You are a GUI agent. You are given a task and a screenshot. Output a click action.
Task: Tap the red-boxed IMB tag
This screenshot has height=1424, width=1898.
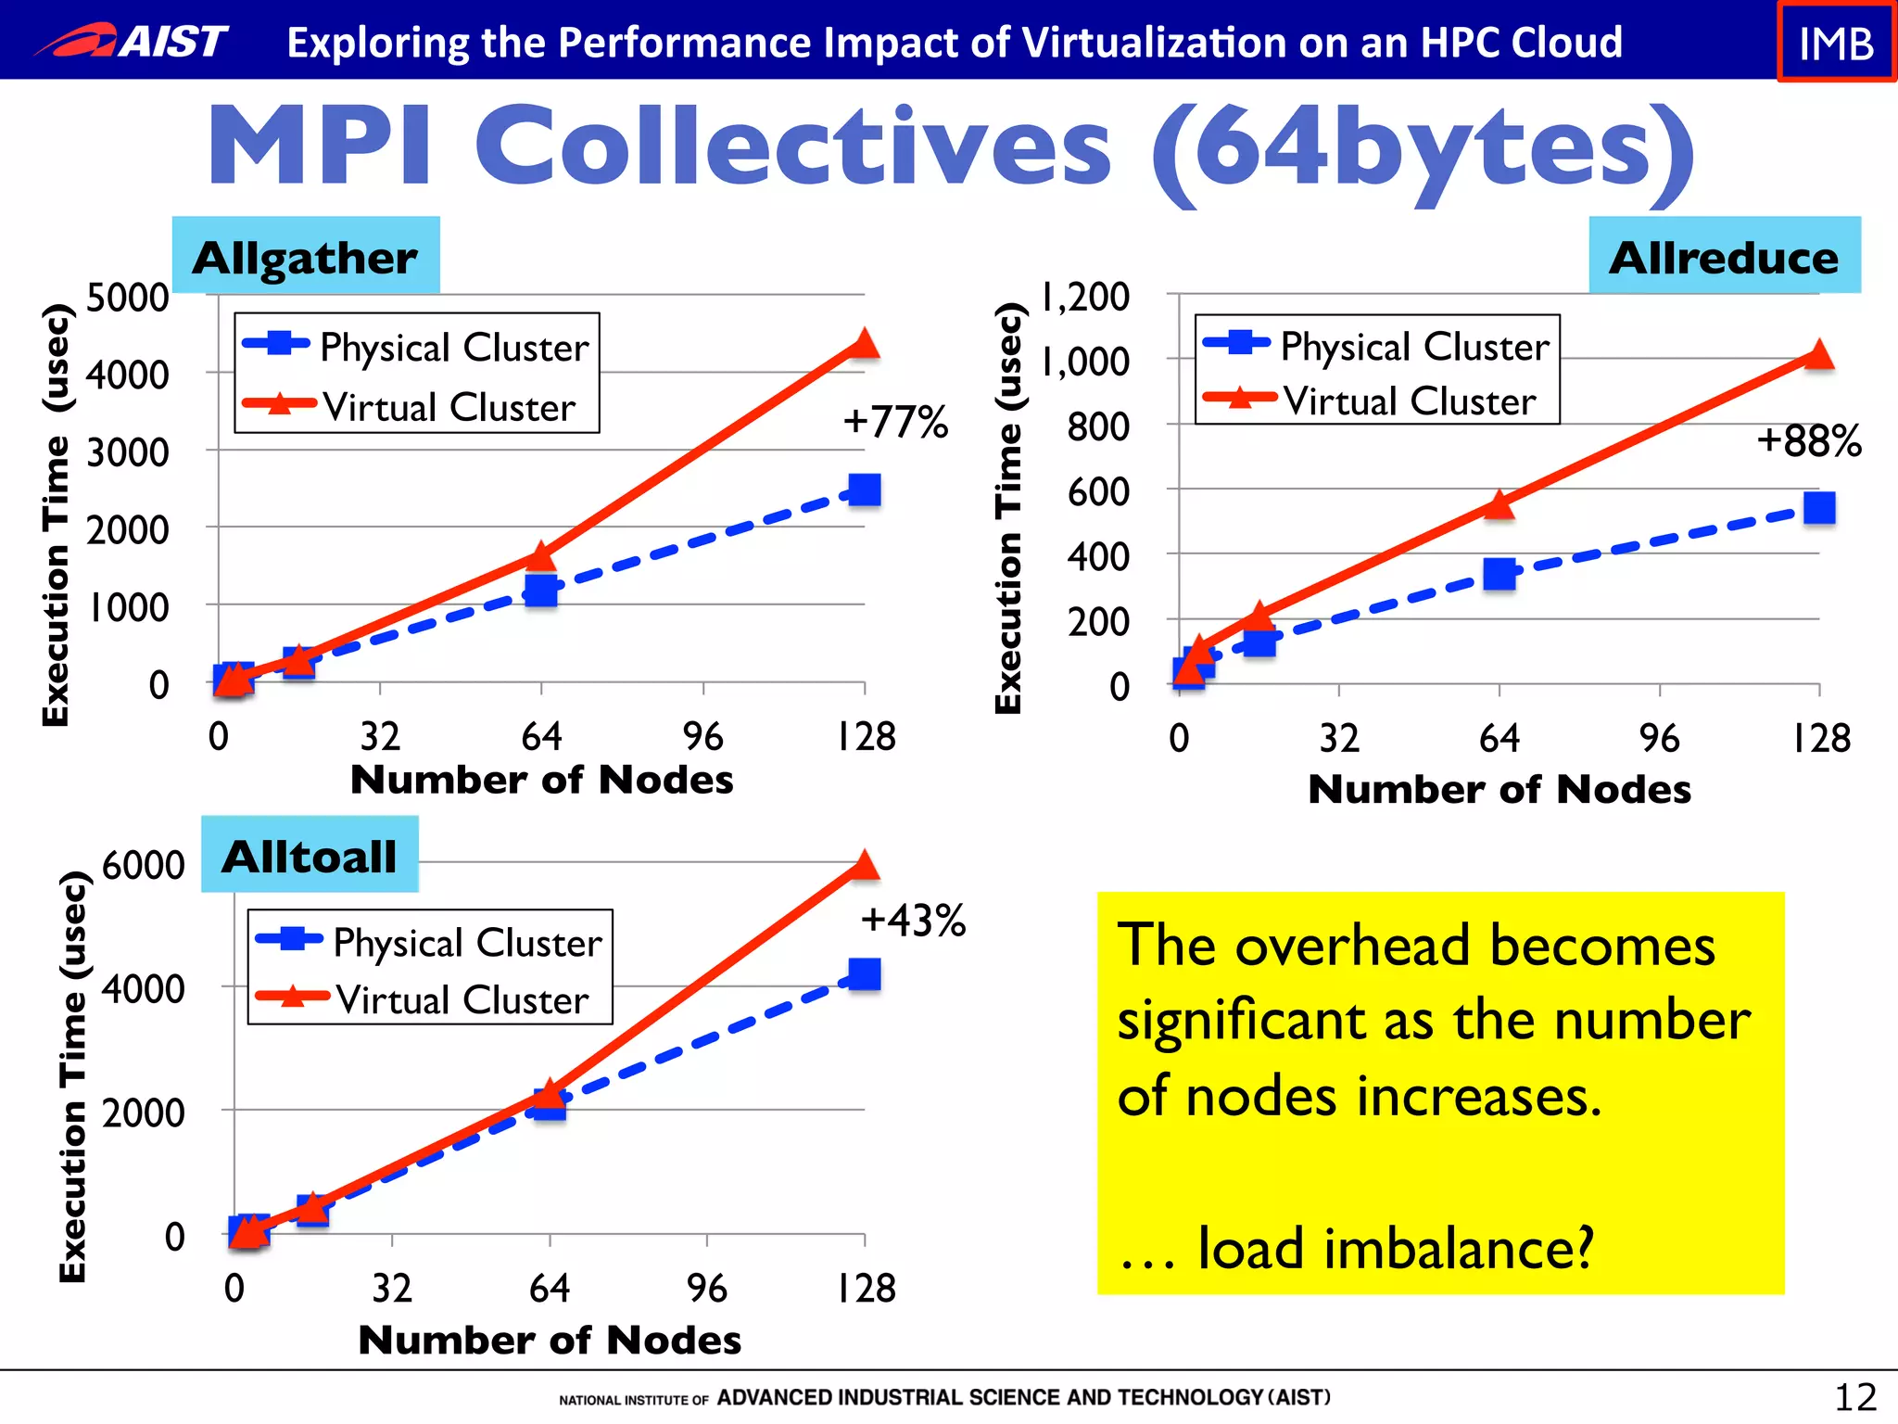point(1835,43)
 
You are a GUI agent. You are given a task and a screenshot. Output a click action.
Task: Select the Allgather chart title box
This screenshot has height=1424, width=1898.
point(306,257)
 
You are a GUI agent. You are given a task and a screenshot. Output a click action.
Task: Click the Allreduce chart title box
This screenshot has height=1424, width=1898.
point(1724,257)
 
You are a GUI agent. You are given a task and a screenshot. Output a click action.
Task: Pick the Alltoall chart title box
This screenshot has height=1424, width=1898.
point(310,855)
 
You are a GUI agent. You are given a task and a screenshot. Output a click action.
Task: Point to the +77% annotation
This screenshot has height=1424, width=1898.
point(895,422)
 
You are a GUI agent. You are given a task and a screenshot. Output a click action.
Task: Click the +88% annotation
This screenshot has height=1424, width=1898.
point(1808,441)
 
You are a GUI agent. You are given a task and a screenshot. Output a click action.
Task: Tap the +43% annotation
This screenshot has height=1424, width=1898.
point(913,921)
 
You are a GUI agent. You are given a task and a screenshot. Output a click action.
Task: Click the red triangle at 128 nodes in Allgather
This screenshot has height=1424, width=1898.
point(864,344)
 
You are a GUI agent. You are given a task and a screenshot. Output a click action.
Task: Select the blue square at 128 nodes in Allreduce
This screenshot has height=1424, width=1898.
point(1819,508)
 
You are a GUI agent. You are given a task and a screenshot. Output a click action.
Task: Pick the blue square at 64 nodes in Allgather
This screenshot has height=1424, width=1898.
point(541,590)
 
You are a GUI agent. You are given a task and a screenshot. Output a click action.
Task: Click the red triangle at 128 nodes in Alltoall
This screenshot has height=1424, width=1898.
point(864,865)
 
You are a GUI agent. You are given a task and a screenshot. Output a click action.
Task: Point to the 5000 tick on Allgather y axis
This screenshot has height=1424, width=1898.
point(128,299)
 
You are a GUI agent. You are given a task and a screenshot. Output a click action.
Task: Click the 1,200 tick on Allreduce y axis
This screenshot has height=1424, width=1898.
point(1085,298)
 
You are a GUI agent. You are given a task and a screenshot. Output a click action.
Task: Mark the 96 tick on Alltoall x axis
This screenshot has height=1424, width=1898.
point(707,1288)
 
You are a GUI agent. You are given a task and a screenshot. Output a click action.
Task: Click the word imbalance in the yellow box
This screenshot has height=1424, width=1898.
point(1459,1248)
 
